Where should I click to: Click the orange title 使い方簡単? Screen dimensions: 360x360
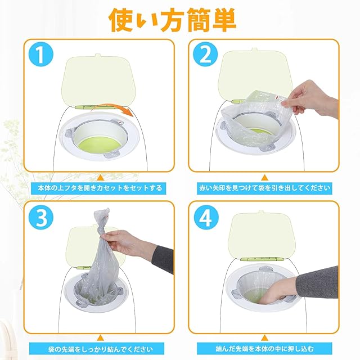point(173,20)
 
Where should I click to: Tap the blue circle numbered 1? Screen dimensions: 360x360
point(41,55)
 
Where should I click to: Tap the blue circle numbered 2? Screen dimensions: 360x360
point(205,55)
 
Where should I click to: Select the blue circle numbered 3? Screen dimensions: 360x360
point(41,217)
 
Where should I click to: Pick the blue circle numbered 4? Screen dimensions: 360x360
point(205,217)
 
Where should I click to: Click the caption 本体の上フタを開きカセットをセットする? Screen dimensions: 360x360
point(100,188)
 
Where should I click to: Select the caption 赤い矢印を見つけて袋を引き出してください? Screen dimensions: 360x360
point(264,188)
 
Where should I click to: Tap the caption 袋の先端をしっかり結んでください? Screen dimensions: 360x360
point(100,349)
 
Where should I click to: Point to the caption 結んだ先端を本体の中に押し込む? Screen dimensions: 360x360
point(264,349)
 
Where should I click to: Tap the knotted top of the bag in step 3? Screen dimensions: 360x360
point(102,218)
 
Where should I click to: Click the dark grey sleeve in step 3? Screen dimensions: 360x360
point(163,259)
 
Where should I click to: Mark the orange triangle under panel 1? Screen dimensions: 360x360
point(100,178)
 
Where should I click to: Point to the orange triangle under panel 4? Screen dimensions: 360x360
point(264,338)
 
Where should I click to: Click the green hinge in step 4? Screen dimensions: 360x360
point(263,259)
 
